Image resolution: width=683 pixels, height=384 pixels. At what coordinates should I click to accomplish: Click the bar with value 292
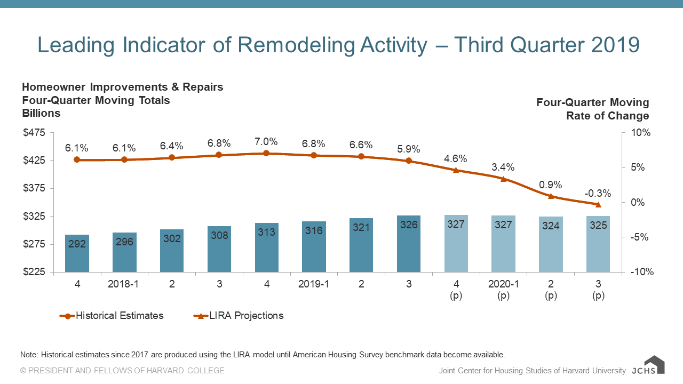[x=77, y=253]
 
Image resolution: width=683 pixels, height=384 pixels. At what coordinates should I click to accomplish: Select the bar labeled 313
[x=266, y=247]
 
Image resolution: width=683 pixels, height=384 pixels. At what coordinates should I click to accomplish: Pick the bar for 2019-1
[x=314, y=247]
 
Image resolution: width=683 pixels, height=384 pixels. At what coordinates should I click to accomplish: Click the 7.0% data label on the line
[x=266, y=142]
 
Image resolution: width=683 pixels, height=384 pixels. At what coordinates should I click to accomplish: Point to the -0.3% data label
[x=598, y=194]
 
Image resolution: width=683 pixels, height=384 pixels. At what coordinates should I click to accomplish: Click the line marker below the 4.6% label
[x=456, y=170]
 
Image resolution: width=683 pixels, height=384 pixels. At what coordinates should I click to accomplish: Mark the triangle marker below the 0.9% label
[x=551, y=196]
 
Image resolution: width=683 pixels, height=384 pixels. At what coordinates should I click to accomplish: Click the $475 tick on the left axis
[x=34, y=133]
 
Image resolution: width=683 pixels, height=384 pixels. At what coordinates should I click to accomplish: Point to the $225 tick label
[x=34, y=272]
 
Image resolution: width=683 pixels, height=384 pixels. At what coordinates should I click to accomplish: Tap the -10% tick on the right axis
[x=641, y=272]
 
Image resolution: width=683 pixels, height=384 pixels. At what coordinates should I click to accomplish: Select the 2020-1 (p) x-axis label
[x=503, y=290]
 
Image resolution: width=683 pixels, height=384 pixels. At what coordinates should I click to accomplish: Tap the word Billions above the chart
[x=41, y=113]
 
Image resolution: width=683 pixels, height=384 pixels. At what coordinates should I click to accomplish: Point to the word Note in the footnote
[x=28, y=355]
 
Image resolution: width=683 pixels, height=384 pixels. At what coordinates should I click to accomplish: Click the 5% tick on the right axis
[x=639, y=167]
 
